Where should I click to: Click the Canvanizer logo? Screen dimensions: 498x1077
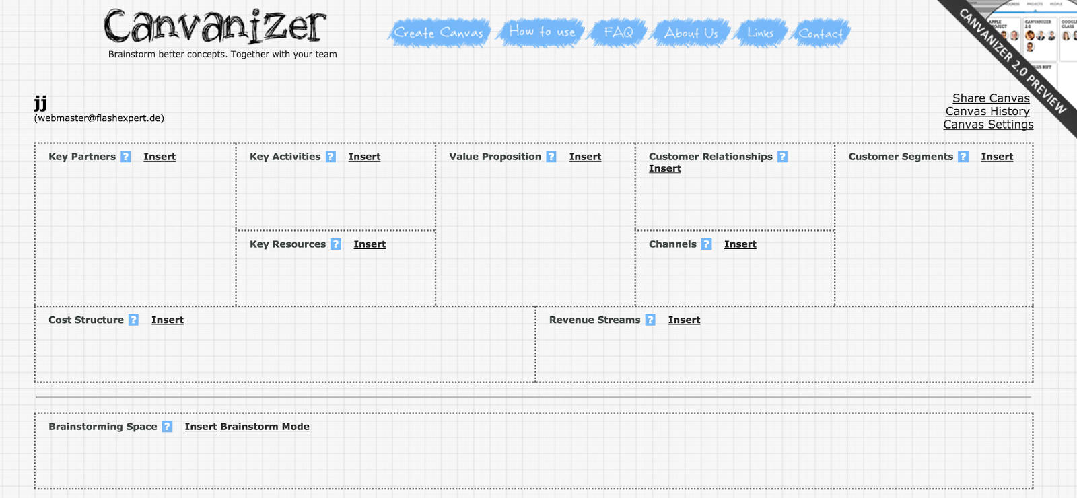pos(215,27)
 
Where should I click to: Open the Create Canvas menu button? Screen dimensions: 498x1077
pos(439,33)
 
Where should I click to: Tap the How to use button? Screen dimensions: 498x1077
pos(542,32)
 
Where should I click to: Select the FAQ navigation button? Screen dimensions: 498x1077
pos(619,32)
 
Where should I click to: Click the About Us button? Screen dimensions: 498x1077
pos(691,33)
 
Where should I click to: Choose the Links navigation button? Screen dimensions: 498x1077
pos(761,33)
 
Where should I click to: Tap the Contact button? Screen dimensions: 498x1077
pos(821,34)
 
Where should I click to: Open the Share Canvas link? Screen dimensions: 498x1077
pos(991,98)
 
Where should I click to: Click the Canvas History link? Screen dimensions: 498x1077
pos(987,112)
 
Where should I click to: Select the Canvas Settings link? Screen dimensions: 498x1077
pos(988,124)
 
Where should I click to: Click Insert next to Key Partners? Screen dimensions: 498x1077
pos(160,157)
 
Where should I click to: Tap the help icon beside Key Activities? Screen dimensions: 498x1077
pos(331,157)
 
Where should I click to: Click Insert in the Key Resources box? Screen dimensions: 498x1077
pos(370,244)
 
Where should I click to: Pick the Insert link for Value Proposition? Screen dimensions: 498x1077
pos(585,157)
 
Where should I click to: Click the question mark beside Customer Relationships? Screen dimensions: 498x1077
pos(782,157)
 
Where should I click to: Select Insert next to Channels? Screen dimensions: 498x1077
pos(740,244)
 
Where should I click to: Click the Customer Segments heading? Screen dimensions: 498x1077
pos(901,157)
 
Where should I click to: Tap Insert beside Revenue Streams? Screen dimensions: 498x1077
pos(684,320)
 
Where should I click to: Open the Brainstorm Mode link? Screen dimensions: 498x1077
pos(265,427)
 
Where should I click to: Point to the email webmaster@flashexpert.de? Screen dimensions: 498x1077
pos(99,118)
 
